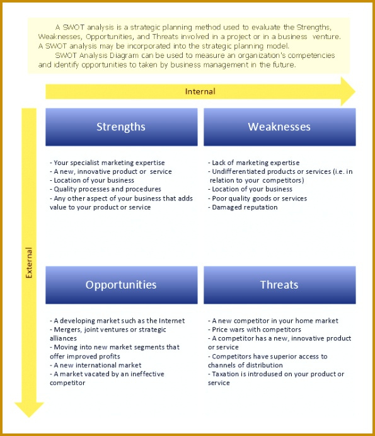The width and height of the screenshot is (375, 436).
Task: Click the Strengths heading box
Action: [x=122, y=127]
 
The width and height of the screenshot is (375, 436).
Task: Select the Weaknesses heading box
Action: [x=280, y=127]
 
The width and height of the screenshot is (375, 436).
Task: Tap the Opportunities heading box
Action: [x=122, y=285]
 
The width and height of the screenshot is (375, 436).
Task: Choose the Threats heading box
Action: [x=280, y=285]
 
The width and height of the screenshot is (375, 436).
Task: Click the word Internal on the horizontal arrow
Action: [x=200, y=91]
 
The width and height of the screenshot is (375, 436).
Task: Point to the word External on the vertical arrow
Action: [x=29, y=263]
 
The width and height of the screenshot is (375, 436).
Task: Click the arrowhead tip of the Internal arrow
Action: [x=355, y=91]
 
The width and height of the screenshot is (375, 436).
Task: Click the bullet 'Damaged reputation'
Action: [x=243, y=207]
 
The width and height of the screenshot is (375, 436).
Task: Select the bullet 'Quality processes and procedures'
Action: [x=105, y=189]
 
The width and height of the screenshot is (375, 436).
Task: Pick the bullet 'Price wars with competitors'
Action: [x=255, y=330]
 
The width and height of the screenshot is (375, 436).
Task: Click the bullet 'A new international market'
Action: [x=95, y=365]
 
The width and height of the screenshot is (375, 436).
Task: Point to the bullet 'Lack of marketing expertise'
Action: [x=254, y=163]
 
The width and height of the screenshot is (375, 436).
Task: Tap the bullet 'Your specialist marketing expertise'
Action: [x=107, y=163]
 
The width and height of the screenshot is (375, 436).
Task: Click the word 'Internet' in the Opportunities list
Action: [x=171, y=321]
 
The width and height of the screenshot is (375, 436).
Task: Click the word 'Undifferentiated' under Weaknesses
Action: [x=235, y=171]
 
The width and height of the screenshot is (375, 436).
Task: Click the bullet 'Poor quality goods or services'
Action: [x=258, y=198]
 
